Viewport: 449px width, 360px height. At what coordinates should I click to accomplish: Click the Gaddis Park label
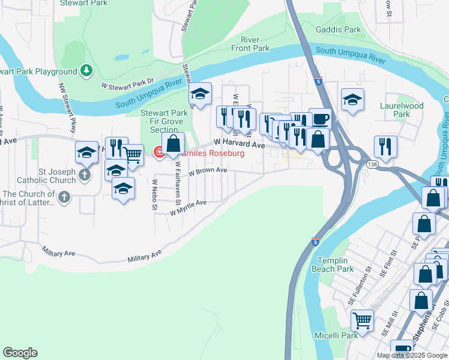tap(339, 29)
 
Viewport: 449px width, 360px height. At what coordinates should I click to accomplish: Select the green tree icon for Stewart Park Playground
tap(87, 71)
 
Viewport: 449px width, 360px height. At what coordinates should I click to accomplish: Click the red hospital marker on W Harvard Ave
tap(159, 152)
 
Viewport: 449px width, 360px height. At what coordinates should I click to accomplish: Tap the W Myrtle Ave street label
tap(188, 207)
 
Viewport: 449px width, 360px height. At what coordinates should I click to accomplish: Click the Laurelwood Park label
tap(402, 110)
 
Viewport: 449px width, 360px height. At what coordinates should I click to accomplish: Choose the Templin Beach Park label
tap(333, 265)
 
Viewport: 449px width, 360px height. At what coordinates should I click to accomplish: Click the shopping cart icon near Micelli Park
tap(362, 320)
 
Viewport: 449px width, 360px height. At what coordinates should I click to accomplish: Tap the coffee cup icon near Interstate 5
tap(320, 118)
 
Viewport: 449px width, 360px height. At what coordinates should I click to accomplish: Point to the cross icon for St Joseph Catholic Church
tap(85, 175)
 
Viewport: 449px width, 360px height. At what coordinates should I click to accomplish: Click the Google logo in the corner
tap(20, 353)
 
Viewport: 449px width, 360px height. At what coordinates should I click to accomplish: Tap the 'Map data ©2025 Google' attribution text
tap(412, 355)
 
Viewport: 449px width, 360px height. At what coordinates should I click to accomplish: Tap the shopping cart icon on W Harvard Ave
tap(133, 155)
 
